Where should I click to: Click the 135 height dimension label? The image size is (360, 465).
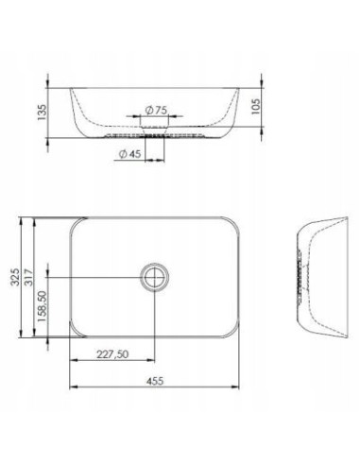click(x=42, y=112)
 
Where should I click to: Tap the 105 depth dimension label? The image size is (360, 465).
click(x=256, y=107)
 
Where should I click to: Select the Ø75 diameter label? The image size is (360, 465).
click(x=156, y=111)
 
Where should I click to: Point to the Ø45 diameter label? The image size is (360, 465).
click(x=129, y=154)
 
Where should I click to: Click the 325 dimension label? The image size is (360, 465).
click(x=15, y=277)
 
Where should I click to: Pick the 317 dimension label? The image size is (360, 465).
click(x=29, y=277)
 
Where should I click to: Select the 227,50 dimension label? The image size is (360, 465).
click(x=112, y=354)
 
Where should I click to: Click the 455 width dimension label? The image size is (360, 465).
click(x=155, y=381)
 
